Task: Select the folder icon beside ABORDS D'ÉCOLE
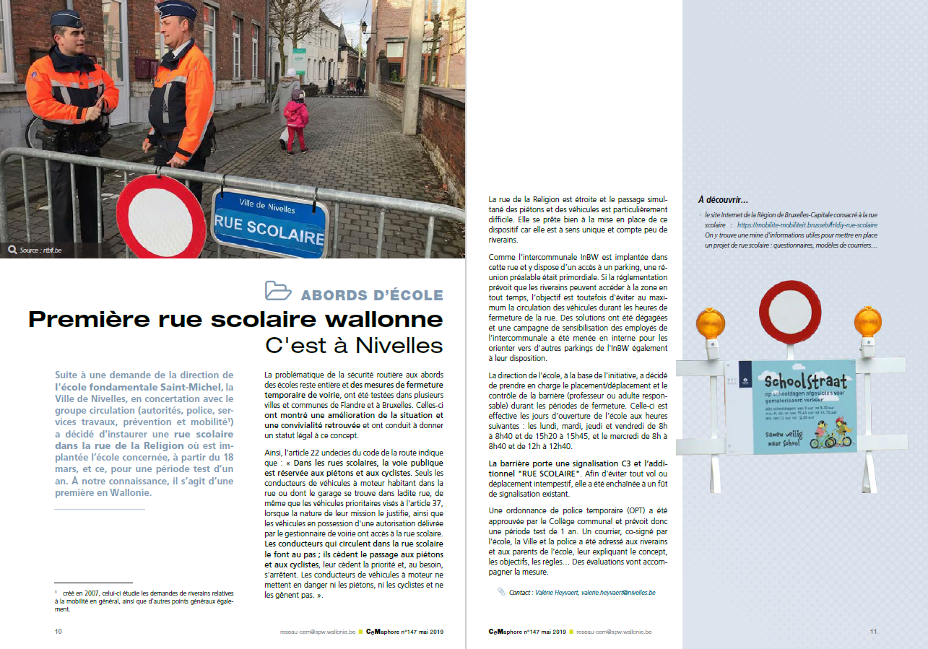click(278, 290)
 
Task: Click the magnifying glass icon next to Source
click(12, 250)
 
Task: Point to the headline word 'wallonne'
click(383, 319)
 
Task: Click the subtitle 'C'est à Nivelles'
click(354, 346)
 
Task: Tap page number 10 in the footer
click(58, 631)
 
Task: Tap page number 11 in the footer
click(873, 631)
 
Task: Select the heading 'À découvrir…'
click(722, 200)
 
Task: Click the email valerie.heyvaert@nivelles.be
click(618, 592)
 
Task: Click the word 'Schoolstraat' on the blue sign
click(799, 380)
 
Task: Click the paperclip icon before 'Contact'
click(501, 591)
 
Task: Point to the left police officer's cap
click(66, 17)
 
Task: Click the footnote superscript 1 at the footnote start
click(56, 591)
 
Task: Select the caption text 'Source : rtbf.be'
click(41, 251)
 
